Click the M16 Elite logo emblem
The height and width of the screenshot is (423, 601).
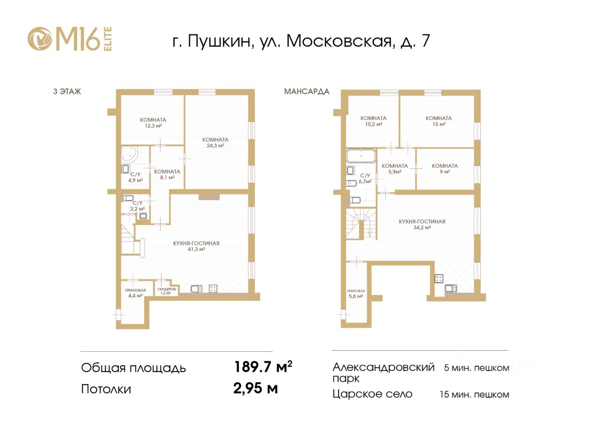point(40,38)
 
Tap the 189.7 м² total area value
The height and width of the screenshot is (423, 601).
point(263,367)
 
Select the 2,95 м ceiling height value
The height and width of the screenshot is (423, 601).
point(255,388)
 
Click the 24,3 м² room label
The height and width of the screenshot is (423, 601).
point(215,143)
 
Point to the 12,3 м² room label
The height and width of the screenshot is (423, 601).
point(153,123)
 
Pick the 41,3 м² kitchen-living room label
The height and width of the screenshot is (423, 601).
point(196,246)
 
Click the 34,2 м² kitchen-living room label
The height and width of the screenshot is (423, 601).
point(422,224)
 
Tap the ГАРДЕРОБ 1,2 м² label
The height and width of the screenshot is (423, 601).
point(166,291)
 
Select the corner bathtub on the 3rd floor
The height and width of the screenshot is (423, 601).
point(130,155)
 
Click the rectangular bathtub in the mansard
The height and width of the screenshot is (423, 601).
point(361,156)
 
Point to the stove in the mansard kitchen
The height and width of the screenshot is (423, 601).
point(439,279)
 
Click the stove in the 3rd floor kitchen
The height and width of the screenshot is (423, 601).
point(213,288)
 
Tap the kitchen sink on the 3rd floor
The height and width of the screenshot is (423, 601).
point(197,289)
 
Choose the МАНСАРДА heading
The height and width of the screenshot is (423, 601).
point(307,91)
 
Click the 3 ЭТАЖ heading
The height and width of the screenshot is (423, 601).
point(67,91)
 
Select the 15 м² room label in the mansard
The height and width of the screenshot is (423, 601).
point(439,121)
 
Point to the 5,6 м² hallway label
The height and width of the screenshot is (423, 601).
point(356,294)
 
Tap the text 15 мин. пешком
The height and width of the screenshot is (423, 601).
point(474,394)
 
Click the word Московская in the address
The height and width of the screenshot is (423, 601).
point(339,41)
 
